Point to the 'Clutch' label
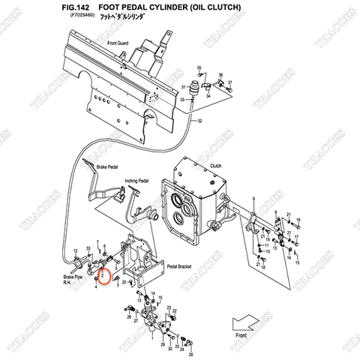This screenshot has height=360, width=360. pyautogui.click(x=215, y=166)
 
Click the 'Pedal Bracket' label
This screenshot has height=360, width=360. pyautogui.click(x=182, y=266)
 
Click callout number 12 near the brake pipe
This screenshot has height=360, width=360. pyautogui.click(x=74, y=251)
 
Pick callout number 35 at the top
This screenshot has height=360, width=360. pyautogui.click(x=199, y=68)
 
